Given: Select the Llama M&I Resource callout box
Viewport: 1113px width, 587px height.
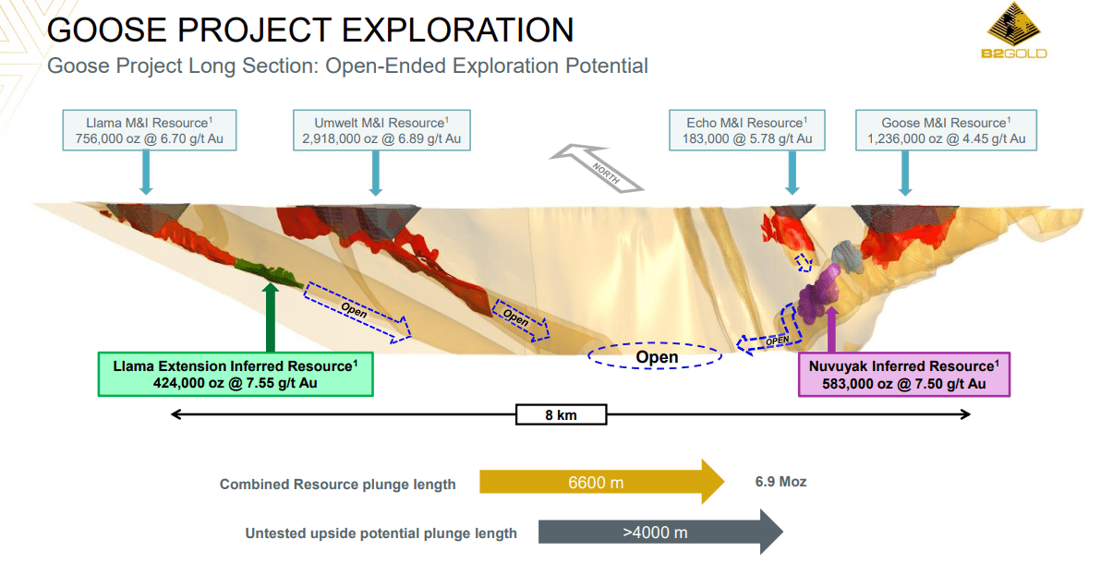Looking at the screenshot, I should click(x=149, y=130).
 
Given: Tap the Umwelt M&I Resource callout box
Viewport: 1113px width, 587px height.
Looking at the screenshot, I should click(x=381, y=130).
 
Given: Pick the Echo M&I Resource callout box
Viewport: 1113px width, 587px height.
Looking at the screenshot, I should click(x=748, y=130).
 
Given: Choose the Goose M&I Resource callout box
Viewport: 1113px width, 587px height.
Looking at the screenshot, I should click(x=946, y=130).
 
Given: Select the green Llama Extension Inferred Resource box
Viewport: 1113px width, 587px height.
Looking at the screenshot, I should click(x=236, y=374).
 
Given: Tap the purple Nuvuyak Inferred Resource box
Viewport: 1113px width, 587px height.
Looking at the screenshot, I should click(x=903, y=374).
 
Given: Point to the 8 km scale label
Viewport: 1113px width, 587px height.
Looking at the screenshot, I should click(x=561, y=414).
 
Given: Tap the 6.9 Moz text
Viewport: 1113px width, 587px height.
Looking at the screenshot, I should click(x=780, y=482).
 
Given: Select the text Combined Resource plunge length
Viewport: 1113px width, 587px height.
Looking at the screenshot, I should click(x=337, y=485).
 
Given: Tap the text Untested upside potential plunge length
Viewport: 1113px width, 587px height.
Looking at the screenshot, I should click(x=381, y=533).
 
